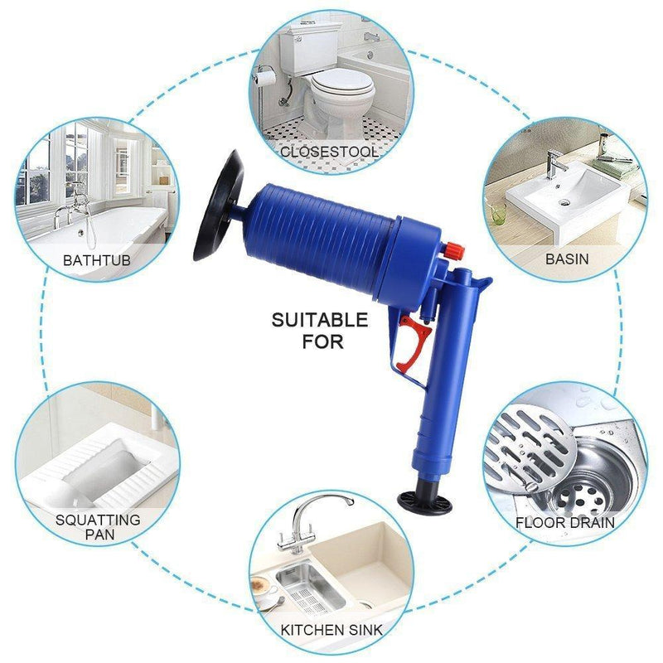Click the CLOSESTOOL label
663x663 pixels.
click(x=330, y=152)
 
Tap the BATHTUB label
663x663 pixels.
click(x=97, y=260)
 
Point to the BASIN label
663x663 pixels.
click(x=567, y=259)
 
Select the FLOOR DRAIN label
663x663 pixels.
click(x=565, y=522)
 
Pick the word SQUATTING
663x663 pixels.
click(x=98, y=520)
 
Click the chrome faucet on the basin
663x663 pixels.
click(x=554, y=166)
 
